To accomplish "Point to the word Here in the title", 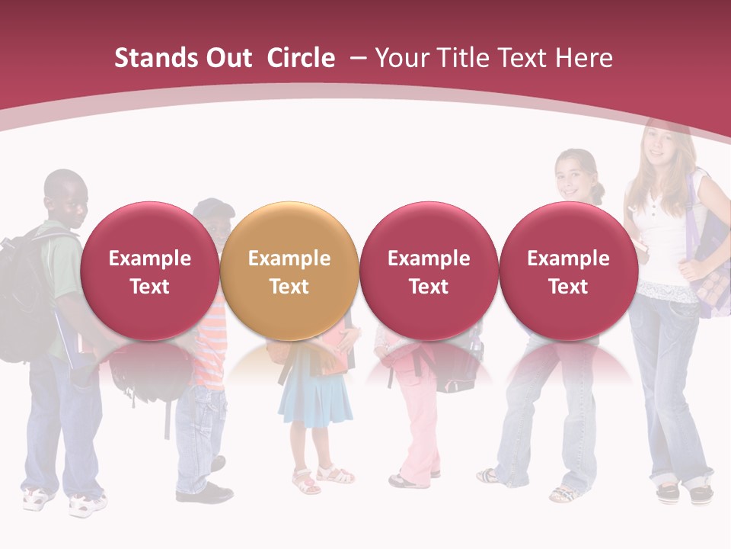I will click(584, 58).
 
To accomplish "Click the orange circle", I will click(289, 271).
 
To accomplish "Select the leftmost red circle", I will click(149, 271).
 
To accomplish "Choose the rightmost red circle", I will click(568, 271).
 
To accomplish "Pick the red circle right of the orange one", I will click(429, 271).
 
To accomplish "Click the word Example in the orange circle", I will click(289, 258).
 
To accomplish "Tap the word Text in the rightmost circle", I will click(568, 287).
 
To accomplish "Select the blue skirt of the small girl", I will click(314, 396).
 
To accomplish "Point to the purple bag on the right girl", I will click(712, 252).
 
